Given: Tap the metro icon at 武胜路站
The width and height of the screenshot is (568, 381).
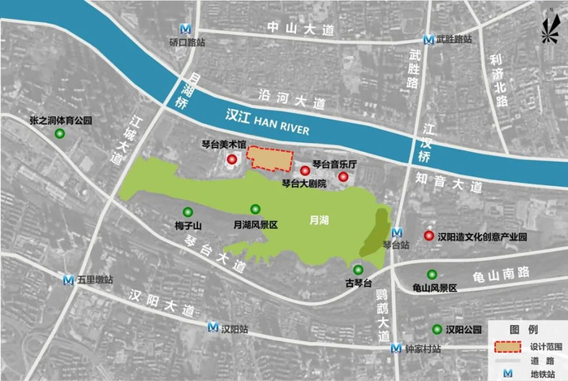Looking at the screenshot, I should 428,38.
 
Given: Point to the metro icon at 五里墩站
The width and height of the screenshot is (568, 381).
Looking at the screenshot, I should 70,280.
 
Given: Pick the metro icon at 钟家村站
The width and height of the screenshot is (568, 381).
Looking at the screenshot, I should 395,348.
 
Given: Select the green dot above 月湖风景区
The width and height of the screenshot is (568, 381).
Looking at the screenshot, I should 256,210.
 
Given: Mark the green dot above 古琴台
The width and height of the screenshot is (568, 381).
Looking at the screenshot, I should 358,270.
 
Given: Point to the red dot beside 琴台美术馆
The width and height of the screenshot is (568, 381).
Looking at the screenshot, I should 234,158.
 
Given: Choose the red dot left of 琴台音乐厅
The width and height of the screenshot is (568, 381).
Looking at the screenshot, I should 305,171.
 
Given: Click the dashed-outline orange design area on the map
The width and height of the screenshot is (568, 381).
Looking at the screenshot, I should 270,158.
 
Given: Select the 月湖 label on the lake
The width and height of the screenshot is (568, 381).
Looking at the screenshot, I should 319,219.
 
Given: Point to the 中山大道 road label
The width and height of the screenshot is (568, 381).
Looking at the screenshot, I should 303,30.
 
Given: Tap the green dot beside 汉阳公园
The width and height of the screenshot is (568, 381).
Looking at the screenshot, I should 437,329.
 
